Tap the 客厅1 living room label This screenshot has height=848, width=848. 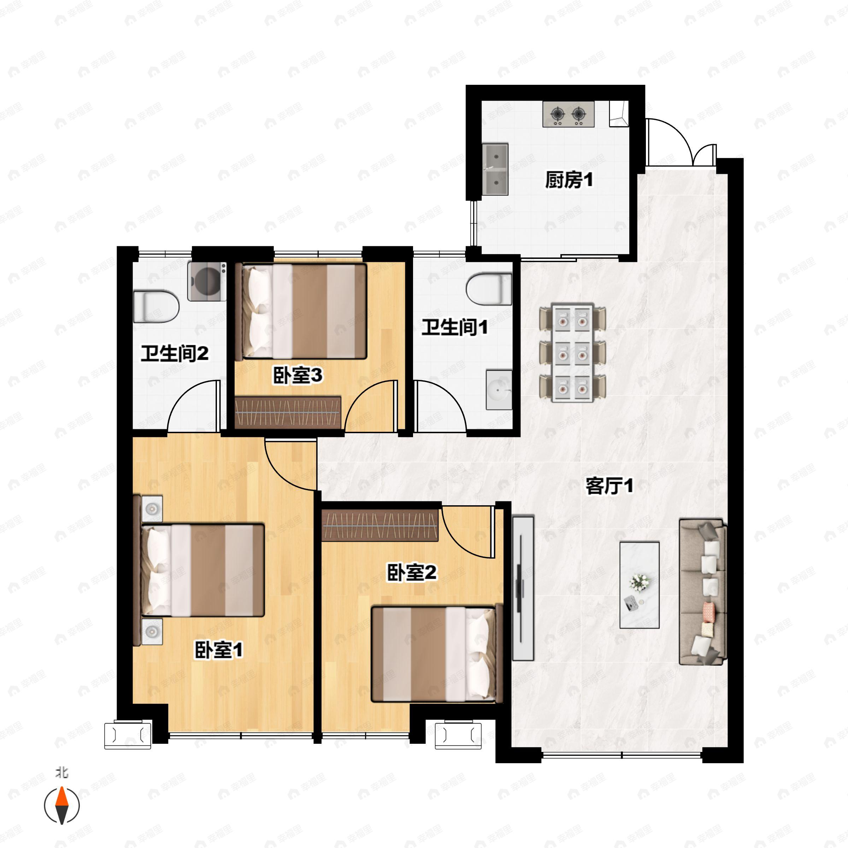click(x=609, y=486)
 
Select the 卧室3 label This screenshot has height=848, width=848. click(x=298, y=375)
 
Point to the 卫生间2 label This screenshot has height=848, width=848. click(x=174, y=353)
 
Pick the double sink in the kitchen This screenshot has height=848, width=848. click(x=495, y=169)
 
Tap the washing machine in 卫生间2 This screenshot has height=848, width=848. click(x=207, y=281)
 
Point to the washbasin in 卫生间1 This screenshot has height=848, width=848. click(x=499, y=390)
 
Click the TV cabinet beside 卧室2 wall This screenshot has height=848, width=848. click(x=523, y=588)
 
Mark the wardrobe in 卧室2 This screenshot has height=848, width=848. click(x=380, y=525)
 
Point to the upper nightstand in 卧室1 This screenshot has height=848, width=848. click(x=152, y=509)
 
